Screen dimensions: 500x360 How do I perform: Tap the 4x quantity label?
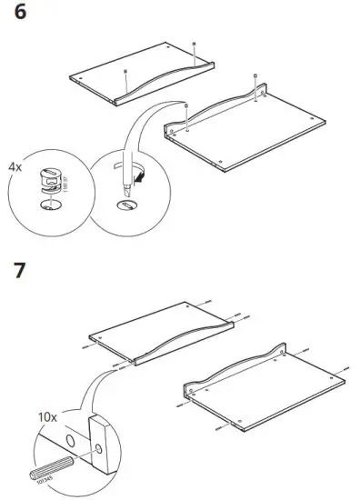click(x=16, y=167)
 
